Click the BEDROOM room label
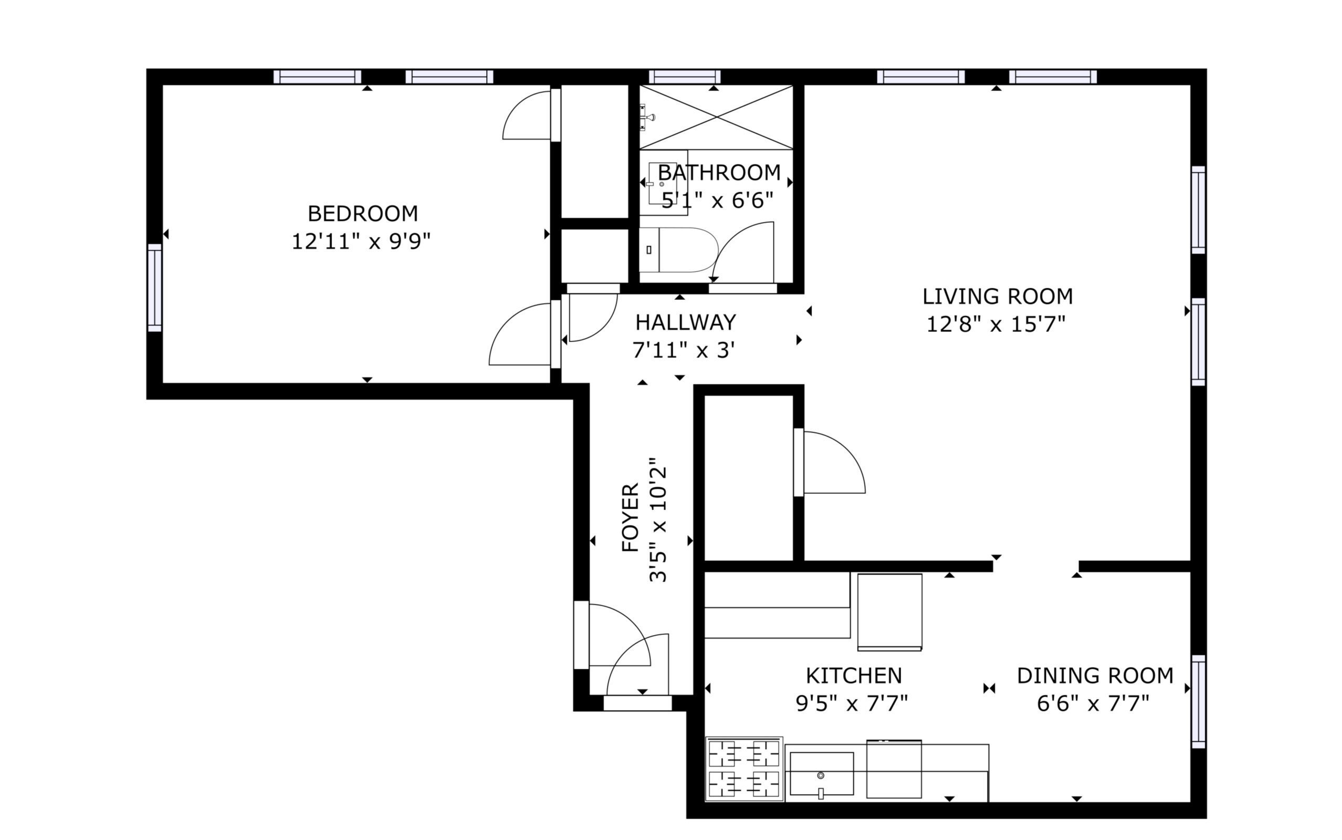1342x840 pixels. tap(363, 213)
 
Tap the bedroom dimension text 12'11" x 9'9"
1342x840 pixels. tap(362, 241)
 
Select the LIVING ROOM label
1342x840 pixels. tap(998, 297)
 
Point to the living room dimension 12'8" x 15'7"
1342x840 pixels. tap(997, 324)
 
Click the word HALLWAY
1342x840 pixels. tap(686, 322)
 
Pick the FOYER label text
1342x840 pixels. tap(631, 517)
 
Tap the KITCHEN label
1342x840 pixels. tap(854, 676)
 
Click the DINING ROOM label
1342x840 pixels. tap(1095, 676)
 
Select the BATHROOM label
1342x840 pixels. tap(719, 173)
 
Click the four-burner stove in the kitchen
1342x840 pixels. tap(745, 769)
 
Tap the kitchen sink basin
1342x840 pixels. tap(822, 774)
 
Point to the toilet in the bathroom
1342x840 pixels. tap(678, 249)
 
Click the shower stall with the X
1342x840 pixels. tap(716, 117)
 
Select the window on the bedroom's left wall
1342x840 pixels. tap(155, 288)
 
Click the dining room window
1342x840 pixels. tap(1199, 701)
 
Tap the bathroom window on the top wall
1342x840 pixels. tap(684, 77)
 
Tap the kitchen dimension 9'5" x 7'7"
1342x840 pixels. tap(852, 704)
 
